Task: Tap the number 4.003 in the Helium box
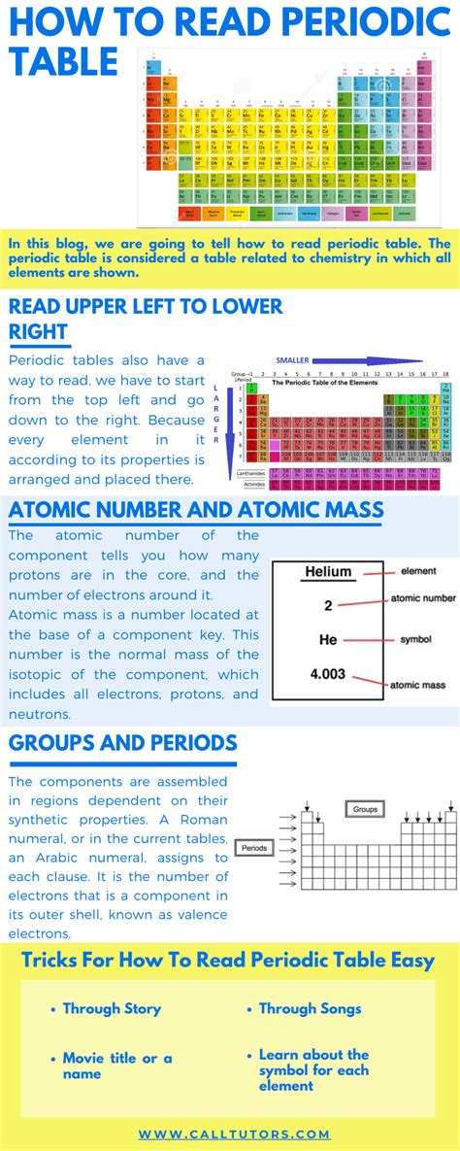(328, 672)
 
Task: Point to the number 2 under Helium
(328, 605)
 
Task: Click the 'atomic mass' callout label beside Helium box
(417, 685)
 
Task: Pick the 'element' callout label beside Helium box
(417, 571)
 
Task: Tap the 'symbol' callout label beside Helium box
(415, 640)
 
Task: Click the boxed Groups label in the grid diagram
(365, 808)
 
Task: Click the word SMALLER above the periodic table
(292, 360)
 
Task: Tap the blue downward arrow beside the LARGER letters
(231, 427)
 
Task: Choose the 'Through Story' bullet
(112, 1008)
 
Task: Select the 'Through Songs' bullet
(310, 1008)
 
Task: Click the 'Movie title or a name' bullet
(116, 1066)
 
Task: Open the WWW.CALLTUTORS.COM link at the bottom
(234, 1134)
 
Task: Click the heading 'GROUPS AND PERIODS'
(122, 743)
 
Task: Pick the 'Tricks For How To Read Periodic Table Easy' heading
(228, 961)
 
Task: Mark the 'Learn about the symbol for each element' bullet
(313, 1069)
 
